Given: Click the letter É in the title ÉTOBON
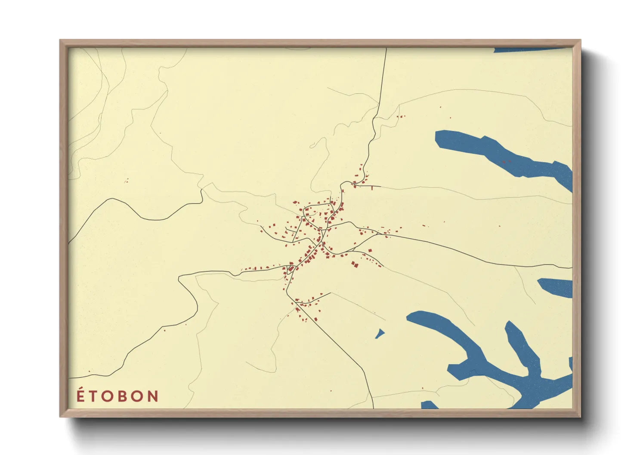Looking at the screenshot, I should click(80, 395).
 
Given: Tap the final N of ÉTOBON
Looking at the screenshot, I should click(153, 396).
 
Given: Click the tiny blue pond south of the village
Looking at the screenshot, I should click(379, 334).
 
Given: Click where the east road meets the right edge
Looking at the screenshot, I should click(571, 267).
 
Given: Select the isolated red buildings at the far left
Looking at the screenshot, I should click(126, 181).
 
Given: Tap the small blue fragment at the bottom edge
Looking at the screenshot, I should click(429, 405).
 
